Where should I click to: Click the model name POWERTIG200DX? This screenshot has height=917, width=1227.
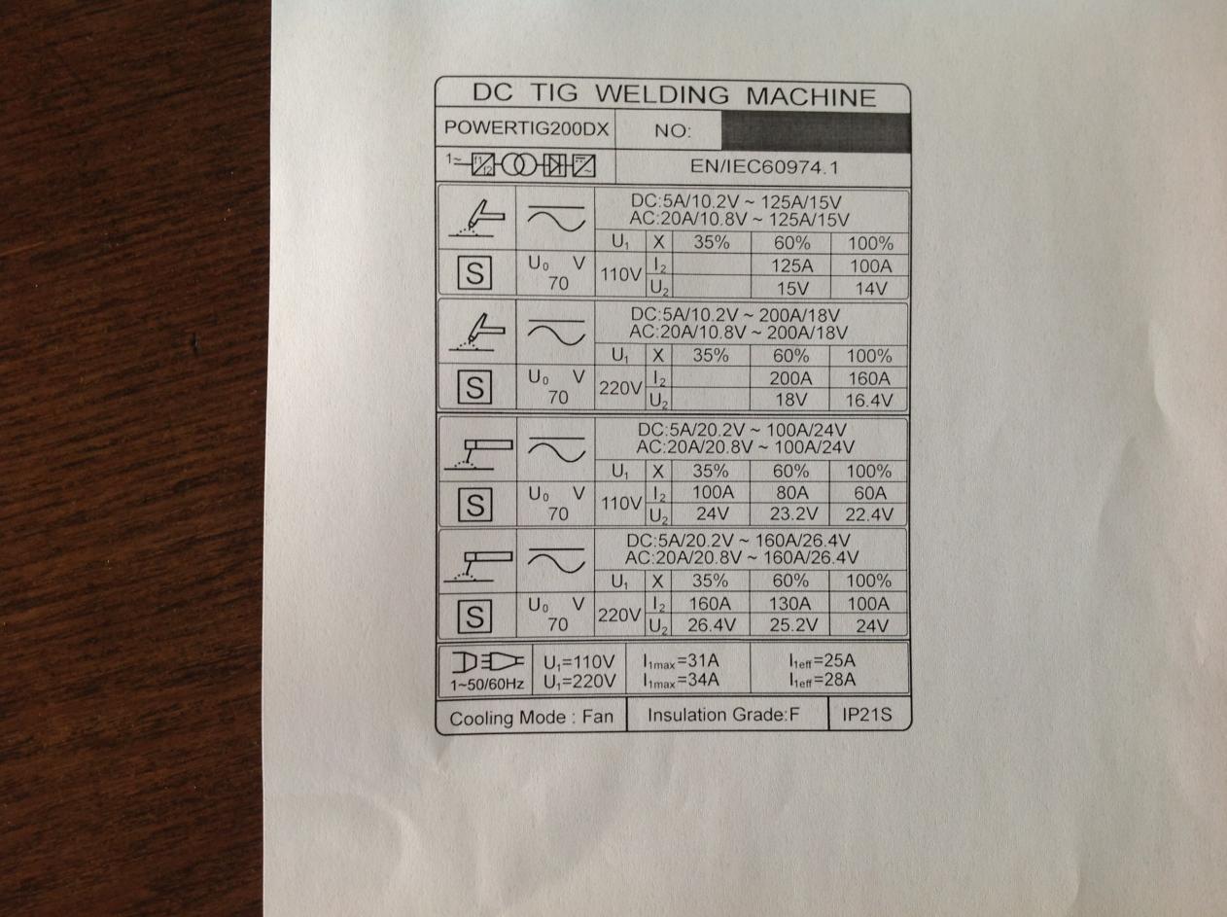[526, 128]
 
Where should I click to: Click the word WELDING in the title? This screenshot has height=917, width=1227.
[662, 94]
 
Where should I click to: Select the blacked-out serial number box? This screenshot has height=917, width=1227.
[816, 132]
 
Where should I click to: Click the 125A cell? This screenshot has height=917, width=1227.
[791, 265]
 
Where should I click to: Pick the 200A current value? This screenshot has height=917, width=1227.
[789, 378]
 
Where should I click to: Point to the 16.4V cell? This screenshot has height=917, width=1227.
[868, 401]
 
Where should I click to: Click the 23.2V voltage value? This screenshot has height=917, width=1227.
[793, 513]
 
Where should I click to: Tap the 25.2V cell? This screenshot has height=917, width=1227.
[793, 624]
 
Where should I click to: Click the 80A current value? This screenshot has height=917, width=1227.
[791, 493]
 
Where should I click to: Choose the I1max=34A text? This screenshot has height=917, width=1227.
[681, 681]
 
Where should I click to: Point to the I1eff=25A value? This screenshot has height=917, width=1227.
[823, 661]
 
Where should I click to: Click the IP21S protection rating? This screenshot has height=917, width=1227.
[867, 714]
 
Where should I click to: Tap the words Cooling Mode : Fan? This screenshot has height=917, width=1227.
[531, 718]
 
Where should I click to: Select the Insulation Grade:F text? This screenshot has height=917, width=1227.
[723, 715]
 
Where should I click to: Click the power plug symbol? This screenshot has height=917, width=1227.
[487, 662]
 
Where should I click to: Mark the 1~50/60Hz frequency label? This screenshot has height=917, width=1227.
[487, 685]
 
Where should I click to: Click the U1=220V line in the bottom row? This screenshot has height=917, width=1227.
[579, 682]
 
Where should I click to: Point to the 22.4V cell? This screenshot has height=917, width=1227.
[869, 514]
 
